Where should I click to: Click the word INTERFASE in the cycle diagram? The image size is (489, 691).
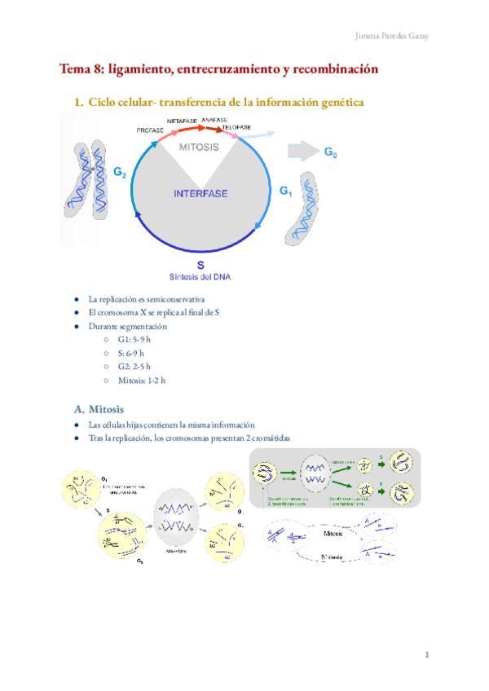pyautogui.click(x=200, y=194)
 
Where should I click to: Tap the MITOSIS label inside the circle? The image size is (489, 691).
pyautogui.click(x=199, y=147)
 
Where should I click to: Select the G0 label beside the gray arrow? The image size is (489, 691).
pyautogui.click(x=332, y=152)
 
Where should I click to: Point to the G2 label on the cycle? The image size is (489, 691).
pyautogui.click(x=120, y=173)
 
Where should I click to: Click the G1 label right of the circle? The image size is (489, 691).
pyautogui.click(x=285, y=191)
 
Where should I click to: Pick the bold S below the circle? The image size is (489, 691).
pyautogui.click(x=200, y=266)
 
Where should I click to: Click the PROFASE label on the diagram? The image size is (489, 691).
pyautogui.click(x=150, y=130)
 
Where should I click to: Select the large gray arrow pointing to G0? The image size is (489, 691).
pyautogui.click(x=302, y=152)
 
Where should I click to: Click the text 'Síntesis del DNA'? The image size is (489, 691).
pyautogui.click(x=200, y=277)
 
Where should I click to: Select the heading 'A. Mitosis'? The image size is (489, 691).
pyautogui.click(x=99, y=407)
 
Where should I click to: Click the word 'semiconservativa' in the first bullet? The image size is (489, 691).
pyautogui.click(x=174, y=299)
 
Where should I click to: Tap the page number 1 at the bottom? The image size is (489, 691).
pyautogui.click(x=426, y=655)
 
